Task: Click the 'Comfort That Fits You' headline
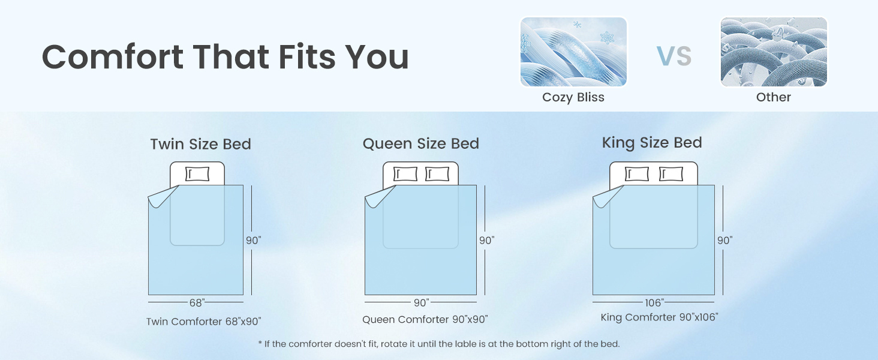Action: tap(225, 57)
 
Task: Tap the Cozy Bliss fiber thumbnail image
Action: tap(573, 52)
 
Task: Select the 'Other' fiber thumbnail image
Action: tap(774, 52)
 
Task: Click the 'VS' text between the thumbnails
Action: tap(673, 56)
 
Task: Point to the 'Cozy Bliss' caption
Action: tap(573, 97)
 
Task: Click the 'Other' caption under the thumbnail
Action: tap(773, 97)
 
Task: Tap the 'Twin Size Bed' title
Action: tap(201, 144)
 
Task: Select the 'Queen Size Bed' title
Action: tap(420, 143)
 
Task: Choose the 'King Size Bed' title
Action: tap(652, 143)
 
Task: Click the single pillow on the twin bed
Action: tap(197, 174)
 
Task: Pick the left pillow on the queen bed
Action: tap(405, 174)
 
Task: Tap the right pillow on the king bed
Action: tap(671, 174)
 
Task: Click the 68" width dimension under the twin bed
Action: tap(197, 303)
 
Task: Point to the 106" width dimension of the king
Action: tap(654, 303)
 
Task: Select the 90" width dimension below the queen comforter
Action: tap(422, 303)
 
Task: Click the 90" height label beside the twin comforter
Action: tap(253, 240)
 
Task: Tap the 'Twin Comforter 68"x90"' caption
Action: tap(203, 322)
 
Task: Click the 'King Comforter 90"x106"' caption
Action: tap(659, 317)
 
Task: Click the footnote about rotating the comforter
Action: tap(438, 344)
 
